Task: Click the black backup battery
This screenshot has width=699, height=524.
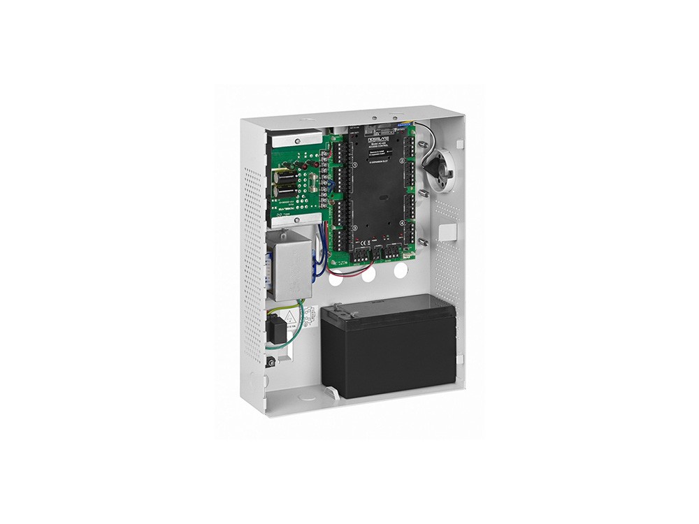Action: (389, 345)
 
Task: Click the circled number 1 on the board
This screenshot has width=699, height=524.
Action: (356, 165)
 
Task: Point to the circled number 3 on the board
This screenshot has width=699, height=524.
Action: (355, 228)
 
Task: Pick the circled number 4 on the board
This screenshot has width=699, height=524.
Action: (402, 223)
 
